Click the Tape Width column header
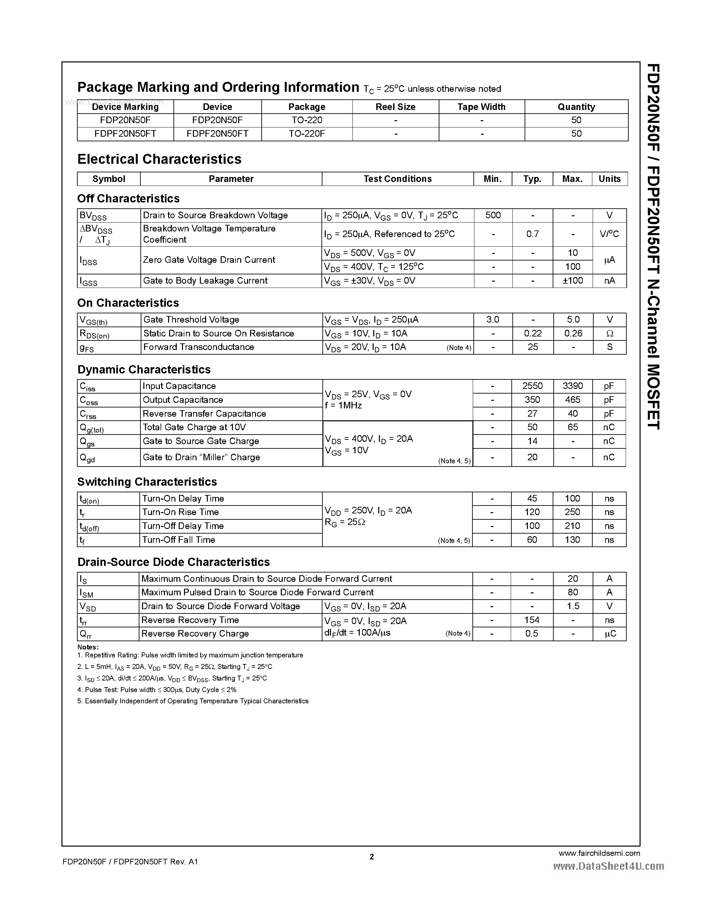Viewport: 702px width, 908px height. pos(481,107)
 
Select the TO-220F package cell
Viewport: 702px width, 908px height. pos(307,133)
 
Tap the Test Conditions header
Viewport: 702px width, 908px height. pos(397,179)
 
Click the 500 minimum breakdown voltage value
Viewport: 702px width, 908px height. pos(493,215)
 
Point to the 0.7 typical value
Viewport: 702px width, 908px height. pos(532,234)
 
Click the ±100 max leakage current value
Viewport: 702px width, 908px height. pos(573,281)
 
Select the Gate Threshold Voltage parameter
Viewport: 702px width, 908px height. pos(191,319)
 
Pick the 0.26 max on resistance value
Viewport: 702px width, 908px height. pos(573,333)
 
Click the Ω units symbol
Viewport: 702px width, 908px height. pos(610,333)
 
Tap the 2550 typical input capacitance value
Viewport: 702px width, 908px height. pos(532,386)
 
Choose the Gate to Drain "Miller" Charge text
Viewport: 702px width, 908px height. pos(201,457)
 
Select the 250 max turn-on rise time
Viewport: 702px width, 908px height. pos(572,512)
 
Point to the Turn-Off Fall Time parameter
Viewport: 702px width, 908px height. pos(178,540)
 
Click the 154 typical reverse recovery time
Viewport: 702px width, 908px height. pos(532,620)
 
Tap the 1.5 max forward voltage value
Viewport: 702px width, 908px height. pos(573,606)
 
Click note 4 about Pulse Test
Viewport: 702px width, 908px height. pos(157,690)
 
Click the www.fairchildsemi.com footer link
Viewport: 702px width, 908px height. pos(599,853)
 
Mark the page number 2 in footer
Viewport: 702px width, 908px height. pos(372,856)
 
